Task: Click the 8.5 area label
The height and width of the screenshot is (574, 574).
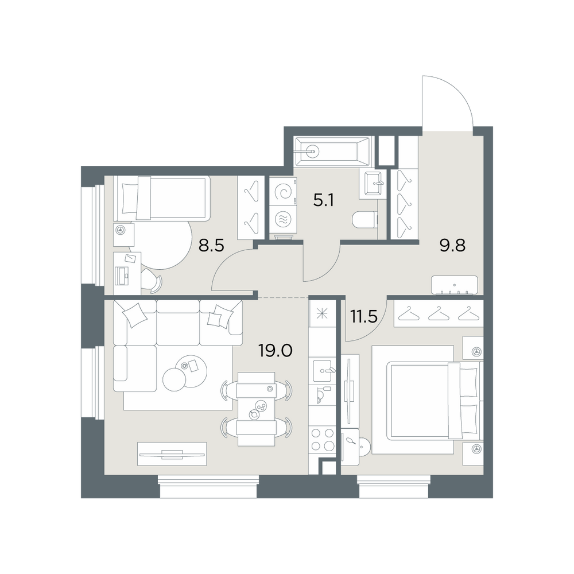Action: (x=211, y=246)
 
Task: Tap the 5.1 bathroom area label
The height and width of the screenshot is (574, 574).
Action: (x=324, y=200)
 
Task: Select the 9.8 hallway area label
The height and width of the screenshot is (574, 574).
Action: (x=452, y=246)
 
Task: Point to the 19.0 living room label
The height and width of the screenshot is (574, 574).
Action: (x=276, y=351)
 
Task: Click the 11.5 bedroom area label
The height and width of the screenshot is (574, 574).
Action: (x=364, y=317)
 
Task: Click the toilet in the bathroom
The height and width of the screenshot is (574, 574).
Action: (x=365, y=220)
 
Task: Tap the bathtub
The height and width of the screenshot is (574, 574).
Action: (x=332, y=150)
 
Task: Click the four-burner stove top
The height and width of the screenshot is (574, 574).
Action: (x=323, y=440)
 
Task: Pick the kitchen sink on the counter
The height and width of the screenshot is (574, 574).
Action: (x=323, y=370)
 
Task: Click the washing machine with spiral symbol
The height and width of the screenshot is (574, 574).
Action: (x=284, y=192)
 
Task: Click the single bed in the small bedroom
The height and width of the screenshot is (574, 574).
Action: (x=162, y=198)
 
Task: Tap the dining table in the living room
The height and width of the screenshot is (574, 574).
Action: (x=256, y=409)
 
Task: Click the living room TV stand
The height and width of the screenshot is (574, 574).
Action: (x=172, y=454)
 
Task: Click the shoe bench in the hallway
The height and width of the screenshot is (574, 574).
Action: (x=455, y=285)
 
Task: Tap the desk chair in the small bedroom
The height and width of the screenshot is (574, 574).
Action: (x=152, y=281)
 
